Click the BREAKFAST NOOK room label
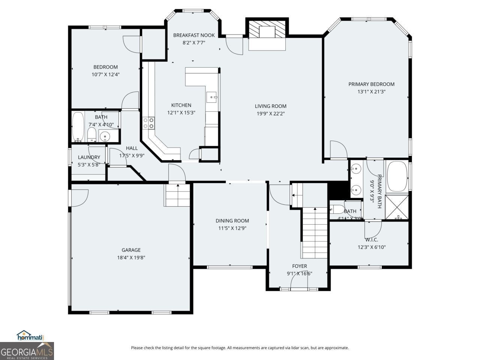[x=194, y=35]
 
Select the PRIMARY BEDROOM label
[x=371, y=84]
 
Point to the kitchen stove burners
[x=148, y=123]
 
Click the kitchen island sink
[x=212, y=96]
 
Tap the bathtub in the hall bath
[x=78, y=127]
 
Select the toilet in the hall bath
[x=91, y=135]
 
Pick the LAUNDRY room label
[x=89, y=157]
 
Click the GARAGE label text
[x=131, y=250]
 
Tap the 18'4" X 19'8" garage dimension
[x=131, y=258]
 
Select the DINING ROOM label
[x=232, y=221]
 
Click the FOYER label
[x=299, y=266]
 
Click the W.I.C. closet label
[x=371, y=240]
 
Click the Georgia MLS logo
[x=27, y=351]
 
